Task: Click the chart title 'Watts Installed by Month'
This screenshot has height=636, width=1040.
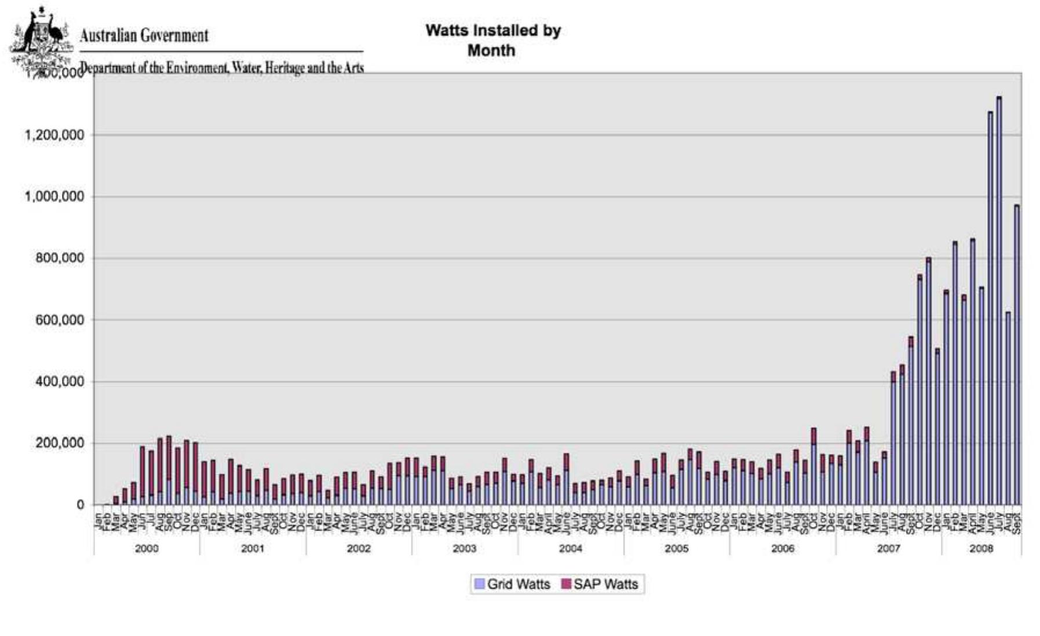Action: [492, 40]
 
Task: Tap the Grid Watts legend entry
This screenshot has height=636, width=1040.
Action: [512, 584]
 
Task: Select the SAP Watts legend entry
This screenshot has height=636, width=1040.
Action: [600, 584]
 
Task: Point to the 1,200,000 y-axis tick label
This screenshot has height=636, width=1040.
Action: [54, 135]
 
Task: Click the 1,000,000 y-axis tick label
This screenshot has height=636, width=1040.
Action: [54, 196]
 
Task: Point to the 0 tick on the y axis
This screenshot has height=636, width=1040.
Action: [80, 505]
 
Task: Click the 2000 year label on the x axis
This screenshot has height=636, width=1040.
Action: [147, 549]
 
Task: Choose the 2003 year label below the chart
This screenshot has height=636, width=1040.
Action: [465, 549]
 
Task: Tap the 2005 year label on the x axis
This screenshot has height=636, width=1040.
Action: [677, 549]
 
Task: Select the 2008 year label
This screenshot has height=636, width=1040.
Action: [981, 549]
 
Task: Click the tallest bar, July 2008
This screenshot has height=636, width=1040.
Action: [999, 301]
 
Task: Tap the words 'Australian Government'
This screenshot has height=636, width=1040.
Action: [144, 36]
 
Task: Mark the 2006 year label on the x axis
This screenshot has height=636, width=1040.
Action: [783, 549]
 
